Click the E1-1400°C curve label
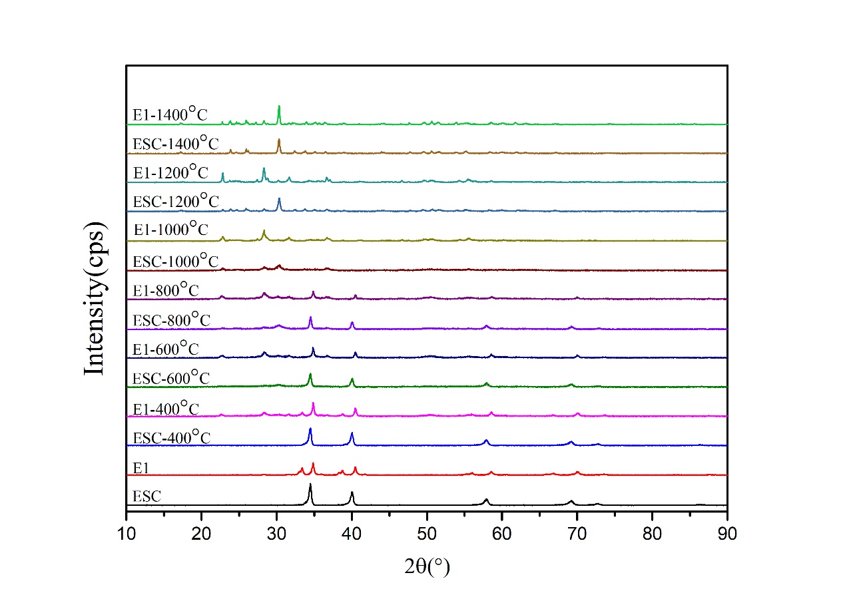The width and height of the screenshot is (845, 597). pyautogui.click(x=170, y=114)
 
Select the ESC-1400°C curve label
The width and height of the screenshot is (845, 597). pyautogui.click(x=175, y=144)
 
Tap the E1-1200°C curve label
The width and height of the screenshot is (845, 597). pyautogui.click(x=170, y=173)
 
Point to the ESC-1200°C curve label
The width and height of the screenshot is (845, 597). pyautogui.click(x=175, y=202)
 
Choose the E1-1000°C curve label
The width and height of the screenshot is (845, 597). pyautogui.click(x=170, y=230)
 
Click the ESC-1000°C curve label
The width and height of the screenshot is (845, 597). pyautogui.click(x=175, y=261)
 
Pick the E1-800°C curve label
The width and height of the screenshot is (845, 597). pyautogui.click(x=166, y=291)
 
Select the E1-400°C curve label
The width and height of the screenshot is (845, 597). pyautogui.click(x=166, y=408)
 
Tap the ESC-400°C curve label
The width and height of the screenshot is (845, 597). pyautogui.click(x=171, y=438)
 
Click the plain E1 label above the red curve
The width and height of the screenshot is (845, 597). pyautogui.click(x=140, y=469)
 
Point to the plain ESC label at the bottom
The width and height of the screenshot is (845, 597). pyautogui.click(x=146, y=496)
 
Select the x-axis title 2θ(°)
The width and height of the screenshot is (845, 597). pyautogui.click(x=427, y=567)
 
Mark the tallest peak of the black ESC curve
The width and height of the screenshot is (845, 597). pyautogui.click(x=310, y=485)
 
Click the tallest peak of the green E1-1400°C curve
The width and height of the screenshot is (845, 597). pyautogui.click(x=279, y=106)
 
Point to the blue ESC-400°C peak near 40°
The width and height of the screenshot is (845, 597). pyautogui.click(x=352, y=434)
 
